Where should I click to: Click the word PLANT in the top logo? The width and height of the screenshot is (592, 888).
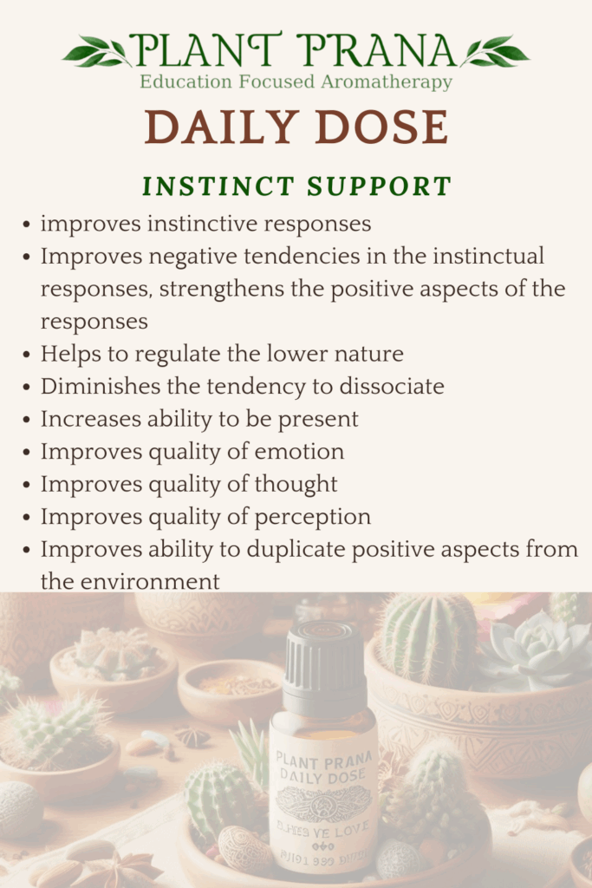(205, 51)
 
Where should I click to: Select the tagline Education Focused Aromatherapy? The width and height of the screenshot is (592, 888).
(296, 83)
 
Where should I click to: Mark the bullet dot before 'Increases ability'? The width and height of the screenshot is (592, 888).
(29, 420)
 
